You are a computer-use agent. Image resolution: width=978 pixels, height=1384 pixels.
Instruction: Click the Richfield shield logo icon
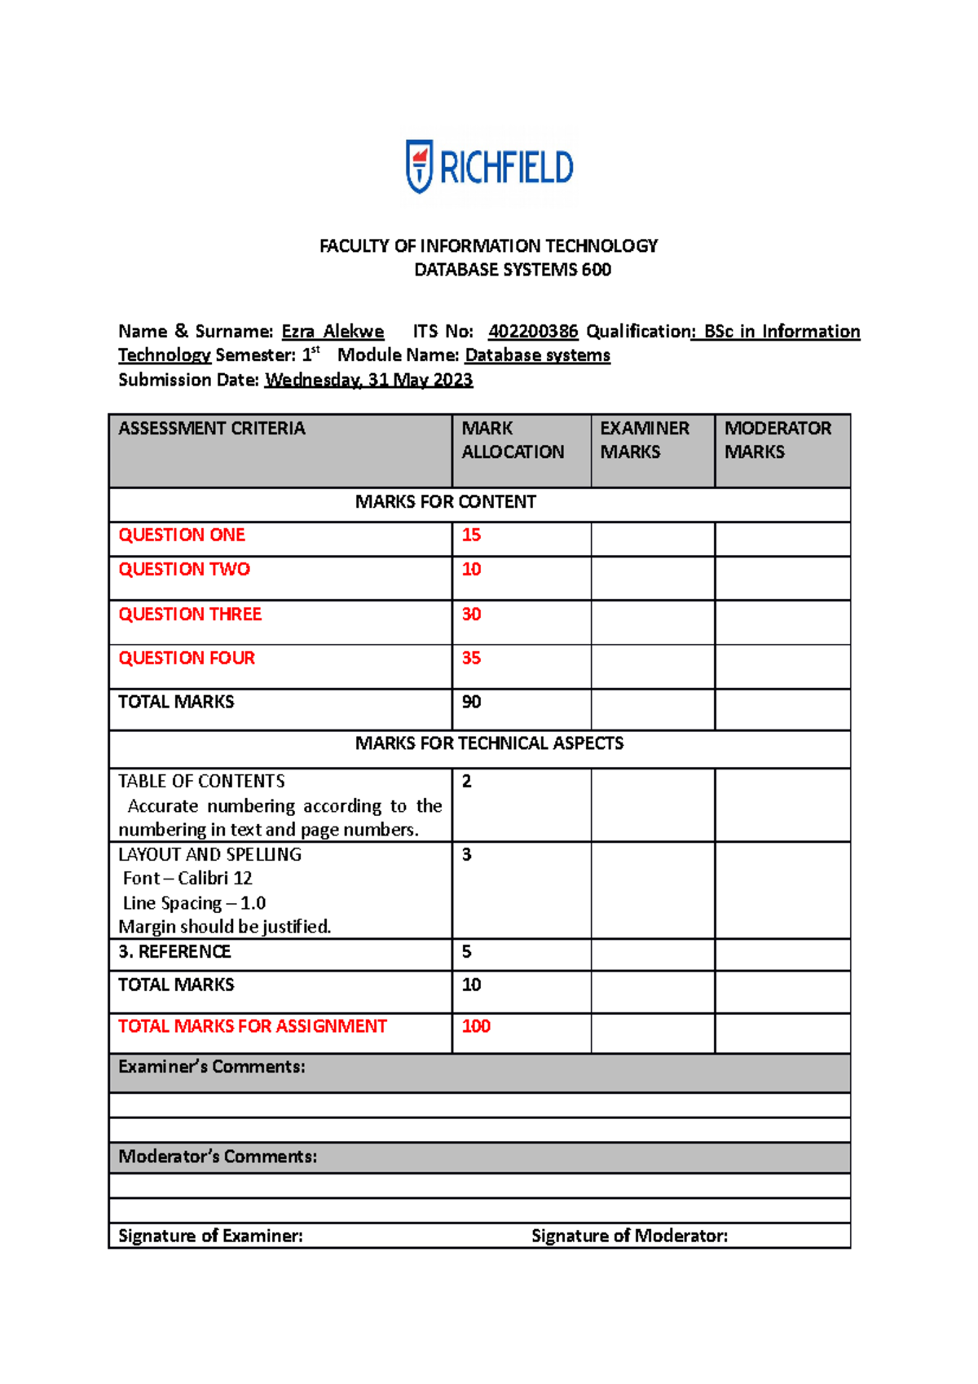tap(419, 166)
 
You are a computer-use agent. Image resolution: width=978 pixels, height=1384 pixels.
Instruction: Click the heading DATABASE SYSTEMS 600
tap(513, 270)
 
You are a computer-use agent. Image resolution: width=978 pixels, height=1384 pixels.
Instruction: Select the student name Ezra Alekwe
tap(333, 331)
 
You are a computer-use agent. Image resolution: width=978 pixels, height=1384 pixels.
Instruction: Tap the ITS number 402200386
tap(533, 331)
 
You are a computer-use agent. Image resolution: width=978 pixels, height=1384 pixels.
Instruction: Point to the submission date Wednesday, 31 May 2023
tap(368, 380)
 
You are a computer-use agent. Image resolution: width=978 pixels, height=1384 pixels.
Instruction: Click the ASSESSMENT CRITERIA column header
tap(212, 428)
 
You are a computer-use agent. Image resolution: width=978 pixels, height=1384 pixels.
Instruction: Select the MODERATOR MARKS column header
tap(778, 440)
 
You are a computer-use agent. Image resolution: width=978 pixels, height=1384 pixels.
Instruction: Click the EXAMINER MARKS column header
tap(645, 440)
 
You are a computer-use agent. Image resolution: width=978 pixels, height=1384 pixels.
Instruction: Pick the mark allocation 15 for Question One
tap(471, 536)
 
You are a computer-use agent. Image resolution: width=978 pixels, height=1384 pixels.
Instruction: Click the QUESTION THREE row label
tap(190, 615)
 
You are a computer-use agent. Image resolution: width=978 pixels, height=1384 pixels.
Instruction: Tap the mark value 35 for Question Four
tap(471, 658)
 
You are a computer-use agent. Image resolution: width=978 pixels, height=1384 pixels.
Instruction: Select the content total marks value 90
tap(471, 702)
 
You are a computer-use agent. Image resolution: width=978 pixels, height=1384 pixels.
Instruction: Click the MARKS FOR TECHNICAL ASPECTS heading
tap(489, 743)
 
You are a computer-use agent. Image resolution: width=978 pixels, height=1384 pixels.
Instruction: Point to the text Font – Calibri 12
tap(187, 879)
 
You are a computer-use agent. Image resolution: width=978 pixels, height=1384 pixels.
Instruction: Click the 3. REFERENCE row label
tap(174, 952)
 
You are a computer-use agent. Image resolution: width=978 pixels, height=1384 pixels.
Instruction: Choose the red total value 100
tap(476, 1026)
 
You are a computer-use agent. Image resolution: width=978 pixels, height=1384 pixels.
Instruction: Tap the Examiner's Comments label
tap(212, 1067)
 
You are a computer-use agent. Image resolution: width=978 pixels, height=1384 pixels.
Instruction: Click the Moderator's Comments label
tap(218, 1157)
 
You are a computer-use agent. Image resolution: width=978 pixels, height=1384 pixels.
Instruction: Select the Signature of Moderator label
tap(629, 1236)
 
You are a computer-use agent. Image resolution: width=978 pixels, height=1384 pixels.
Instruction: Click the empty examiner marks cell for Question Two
tap(653, 579)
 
